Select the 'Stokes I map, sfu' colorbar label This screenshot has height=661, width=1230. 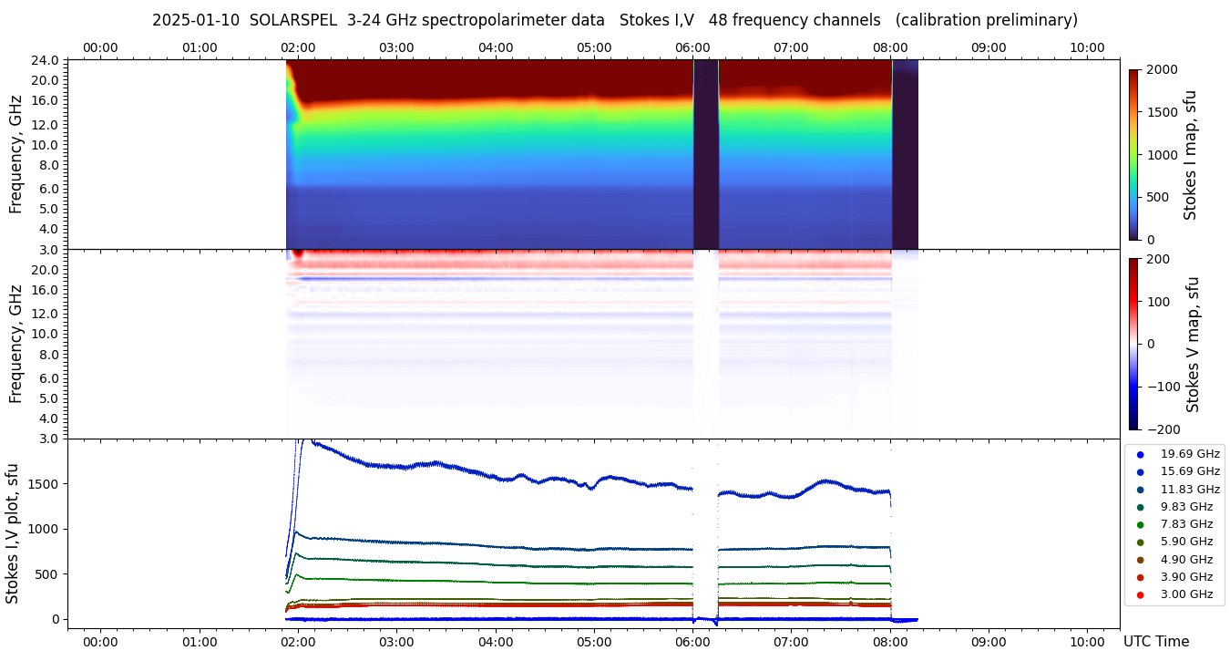[x=1190, y=155]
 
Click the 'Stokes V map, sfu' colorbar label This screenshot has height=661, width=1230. [x=1194, y=345]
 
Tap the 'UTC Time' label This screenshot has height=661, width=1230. [x=1155, y=642]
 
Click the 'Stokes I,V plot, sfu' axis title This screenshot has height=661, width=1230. [x=13, y=533]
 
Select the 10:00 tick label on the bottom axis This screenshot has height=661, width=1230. [x=1087, y=642]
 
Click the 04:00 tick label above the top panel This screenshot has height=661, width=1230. [x=495, y=47]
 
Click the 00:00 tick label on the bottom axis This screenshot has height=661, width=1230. [x=100, y=642]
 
